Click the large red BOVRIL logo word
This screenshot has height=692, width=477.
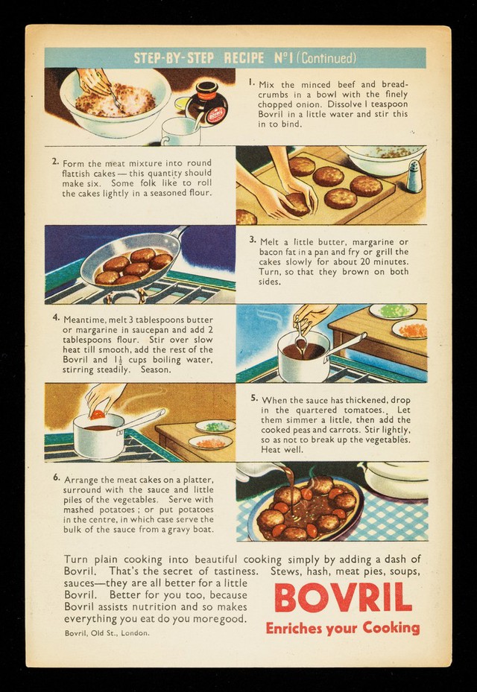(343, 598)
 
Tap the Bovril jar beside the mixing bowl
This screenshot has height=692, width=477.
(207, 104)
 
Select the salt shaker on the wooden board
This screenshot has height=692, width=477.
(414, 176)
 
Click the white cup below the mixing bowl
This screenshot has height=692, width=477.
(180, 132)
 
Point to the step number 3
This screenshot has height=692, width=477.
(252, 240)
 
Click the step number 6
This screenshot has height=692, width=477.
(57, 477)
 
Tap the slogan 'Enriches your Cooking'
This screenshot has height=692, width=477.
(342, 628)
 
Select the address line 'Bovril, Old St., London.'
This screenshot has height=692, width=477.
(107, 633)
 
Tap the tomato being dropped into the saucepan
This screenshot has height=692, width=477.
(98, 414)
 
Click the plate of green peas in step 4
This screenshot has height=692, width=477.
(393, 311)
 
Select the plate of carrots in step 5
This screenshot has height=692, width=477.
(210, 442)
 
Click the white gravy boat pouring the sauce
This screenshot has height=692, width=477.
(261, 472)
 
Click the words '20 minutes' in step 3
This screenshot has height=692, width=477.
(382, 261)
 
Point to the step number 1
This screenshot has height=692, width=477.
(251, 82)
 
